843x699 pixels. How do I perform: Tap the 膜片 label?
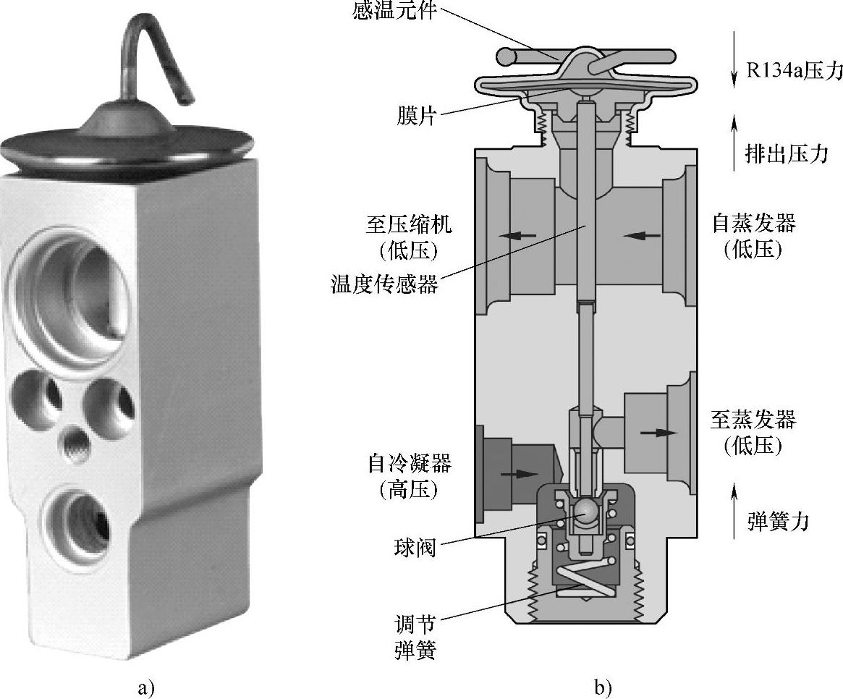[417, 115]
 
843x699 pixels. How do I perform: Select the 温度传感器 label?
[384, 284]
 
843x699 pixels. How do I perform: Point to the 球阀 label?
[415, 548]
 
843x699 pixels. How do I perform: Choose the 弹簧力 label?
[778, 520]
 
